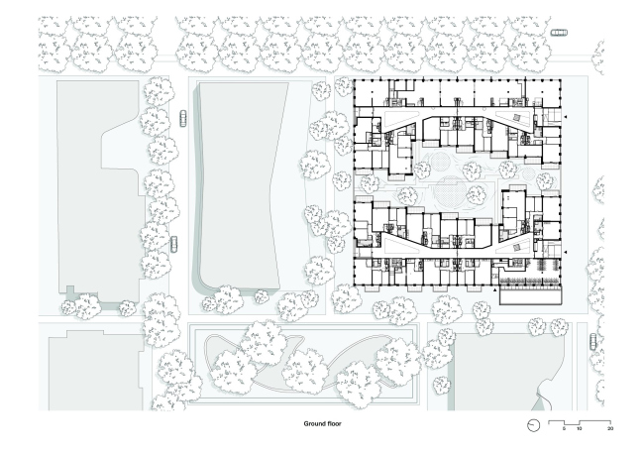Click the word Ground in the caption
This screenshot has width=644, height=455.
coord(313,423)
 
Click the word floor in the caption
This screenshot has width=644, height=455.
coord(333,423)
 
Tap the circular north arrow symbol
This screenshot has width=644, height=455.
coord(533,425)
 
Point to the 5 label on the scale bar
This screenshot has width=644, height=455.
coord(564,428)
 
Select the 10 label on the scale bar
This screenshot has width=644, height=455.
coord(580,428)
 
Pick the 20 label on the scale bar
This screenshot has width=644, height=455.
coord(610,428)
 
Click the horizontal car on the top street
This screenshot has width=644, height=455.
coord(559,32)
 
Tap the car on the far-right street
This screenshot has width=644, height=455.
coord(593,342)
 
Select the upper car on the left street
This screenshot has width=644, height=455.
coord(182,118)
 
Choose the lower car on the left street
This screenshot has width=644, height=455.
coord(174,244)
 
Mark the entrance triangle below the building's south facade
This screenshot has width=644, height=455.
coord(495,290)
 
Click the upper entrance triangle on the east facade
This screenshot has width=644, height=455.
coord(566,117)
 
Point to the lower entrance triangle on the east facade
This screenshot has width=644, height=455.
coord(566,252)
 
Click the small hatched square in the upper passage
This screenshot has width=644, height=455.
coord(516,118)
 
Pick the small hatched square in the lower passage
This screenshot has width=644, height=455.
coord(516,247)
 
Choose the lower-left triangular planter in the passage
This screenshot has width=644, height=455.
coord(396,246)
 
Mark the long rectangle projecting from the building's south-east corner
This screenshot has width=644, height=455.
coord(530,296)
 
